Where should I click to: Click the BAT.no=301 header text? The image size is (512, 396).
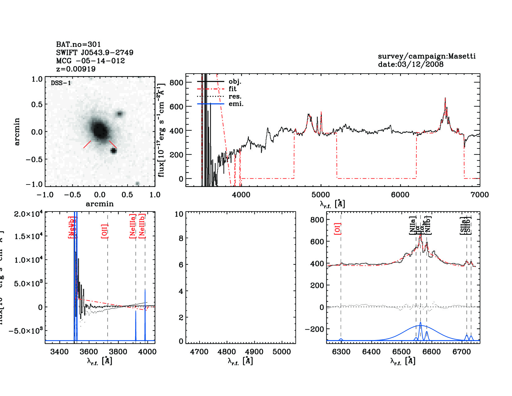coord(79,44)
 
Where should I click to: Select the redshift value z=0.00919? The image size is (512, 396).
coord(76,69)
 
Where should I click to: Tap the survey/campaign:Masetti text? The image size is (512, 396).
coord(427,56)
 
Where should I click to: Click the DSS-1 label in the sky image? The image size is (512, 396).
coord(61,83)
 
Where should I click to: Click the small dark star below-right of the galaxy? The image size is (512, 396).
coord(114,151)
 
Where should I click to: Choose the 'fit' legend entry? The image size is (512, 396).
coord(232,89)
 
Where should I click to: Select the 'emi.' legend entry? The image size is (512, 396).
coord(236,104)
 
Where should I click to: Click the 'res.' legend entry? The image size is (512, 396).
coord(235,96)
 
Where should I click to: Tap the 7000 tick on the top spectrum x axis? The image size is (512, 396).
coord(480,195)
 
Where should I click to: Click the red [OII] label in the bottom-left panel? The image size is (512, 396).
coord(105,231)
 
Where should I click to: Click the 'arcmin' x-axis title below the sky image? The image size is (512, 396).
coord(100,204)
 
